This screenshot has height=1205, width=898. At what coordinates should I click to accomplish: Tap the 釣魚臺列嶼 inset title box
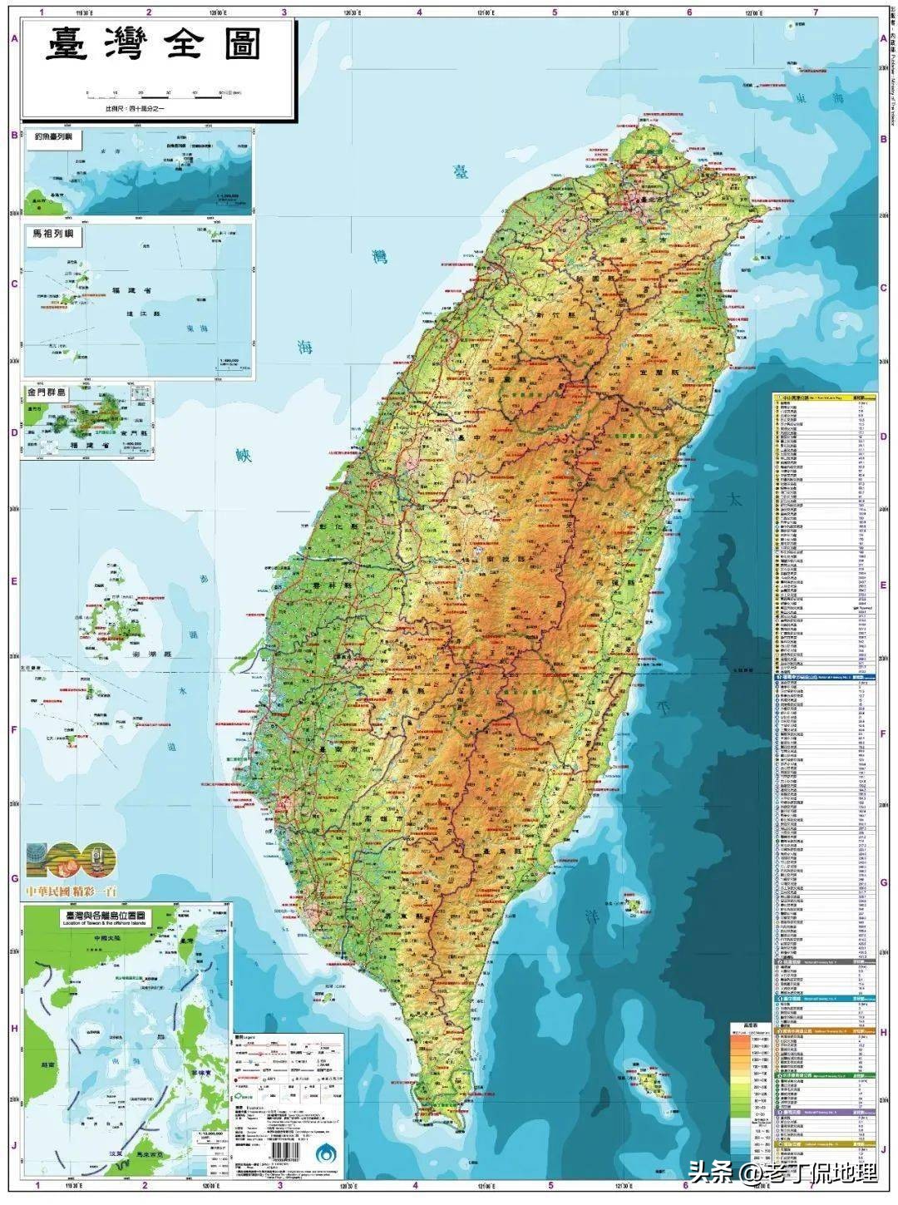pos(53,139)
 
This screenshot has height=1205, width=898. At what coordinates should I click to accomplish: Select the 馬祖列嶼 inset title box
pos(54,235)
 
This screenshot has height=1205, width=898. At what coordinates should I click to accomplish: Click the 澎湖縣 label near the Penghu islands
pos(147,655)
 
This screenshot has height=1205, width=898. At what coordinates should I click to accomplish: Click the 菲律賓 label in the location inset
pos(203,1074)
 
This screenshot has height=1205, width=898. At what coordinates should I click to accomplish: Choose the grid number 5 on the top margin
pos(554,12)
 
